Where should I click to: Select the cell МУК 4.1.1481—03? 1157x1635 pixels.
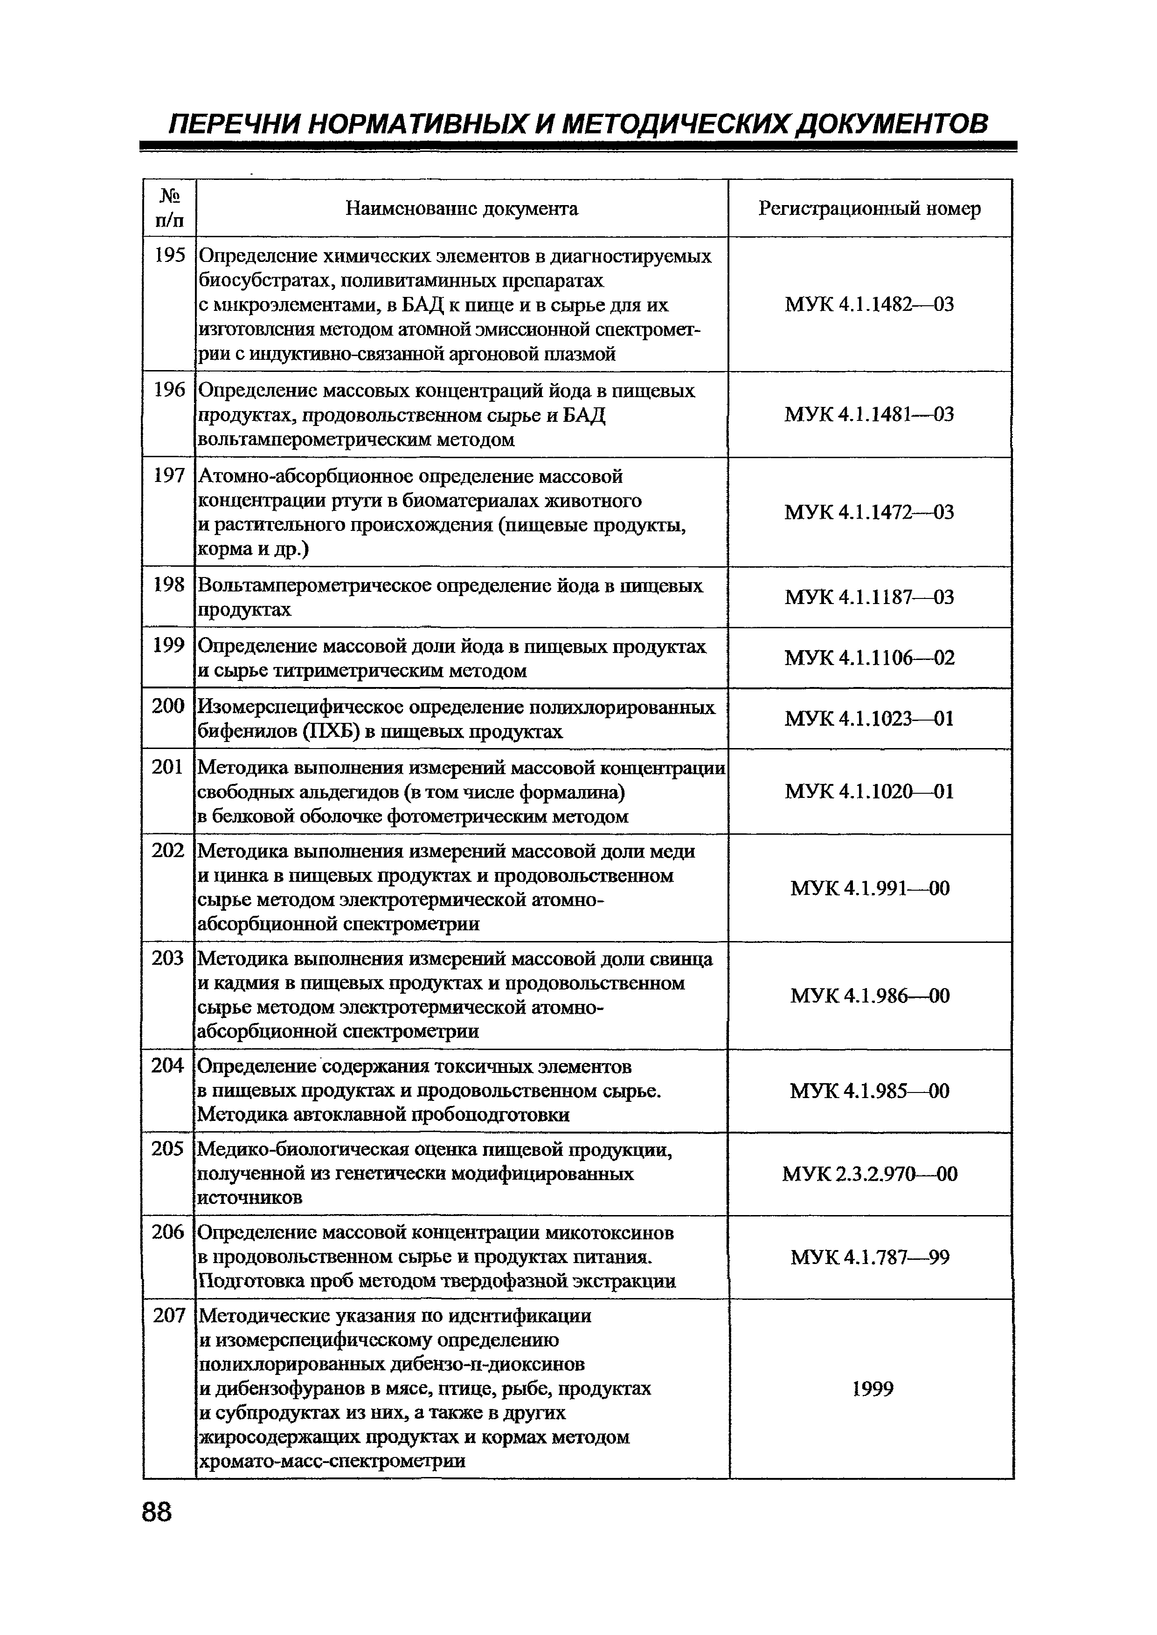pos(869,414)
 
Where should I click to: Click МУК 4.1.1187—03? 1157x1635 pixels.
pos(869,597)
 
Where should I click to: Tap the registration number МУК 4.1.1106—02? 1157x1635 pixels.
pos(869,657)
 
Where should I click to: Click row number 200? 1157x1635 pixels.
pos(168,706)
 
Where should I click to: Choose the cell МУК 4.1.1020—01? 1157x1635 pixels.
pos(869,791)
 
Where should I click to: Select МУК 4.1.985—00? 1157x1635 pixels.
pos(869,1091)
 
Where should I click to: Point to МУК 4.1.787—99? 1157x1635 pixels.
pos(869,1257)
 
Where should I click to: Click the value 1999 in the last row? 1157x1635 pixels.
pos(872,1388)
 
